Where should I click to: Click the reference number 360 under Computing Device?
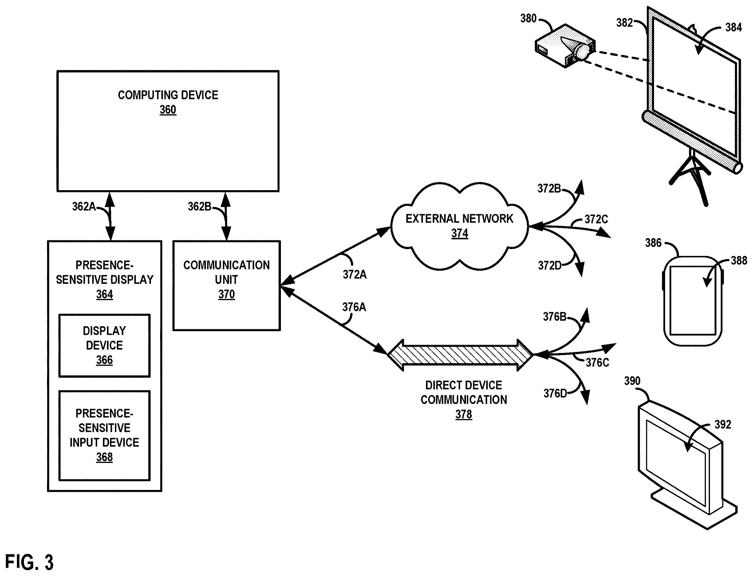[x=168, y=110]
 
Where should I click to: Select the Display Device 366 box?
[x=104, y=345]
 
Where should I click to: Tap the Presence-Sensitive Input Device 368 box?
[x=104, y=435]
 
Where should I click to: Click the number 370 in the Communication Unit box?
[x=227, y=294]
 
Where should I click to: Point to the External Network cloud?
[x=459, y=226]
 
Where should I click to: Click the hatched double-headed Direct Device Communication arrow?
[x=460, y=355]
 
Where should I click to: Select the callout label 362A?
[x=84, y=206]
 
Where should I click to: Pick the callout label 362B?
[x=199, y=206]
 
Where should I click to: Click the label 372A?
[x=355, y=274]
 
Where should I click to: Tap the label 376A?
[x=354, y=307]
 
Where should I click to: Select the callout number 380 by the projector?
[x=528, y=18]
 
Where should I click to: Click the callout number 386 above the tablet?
[x=653, y=243]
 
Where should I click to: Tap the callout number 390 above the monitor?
[x=632, y=381]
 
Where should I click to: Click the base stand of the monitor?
[x=694, y=511]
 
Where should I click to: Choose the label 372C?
[x=596, y=219]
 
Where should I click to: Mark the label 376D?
[x=555, y=393]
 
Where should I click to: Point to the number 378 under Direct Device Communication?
[x=463, y=414]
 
